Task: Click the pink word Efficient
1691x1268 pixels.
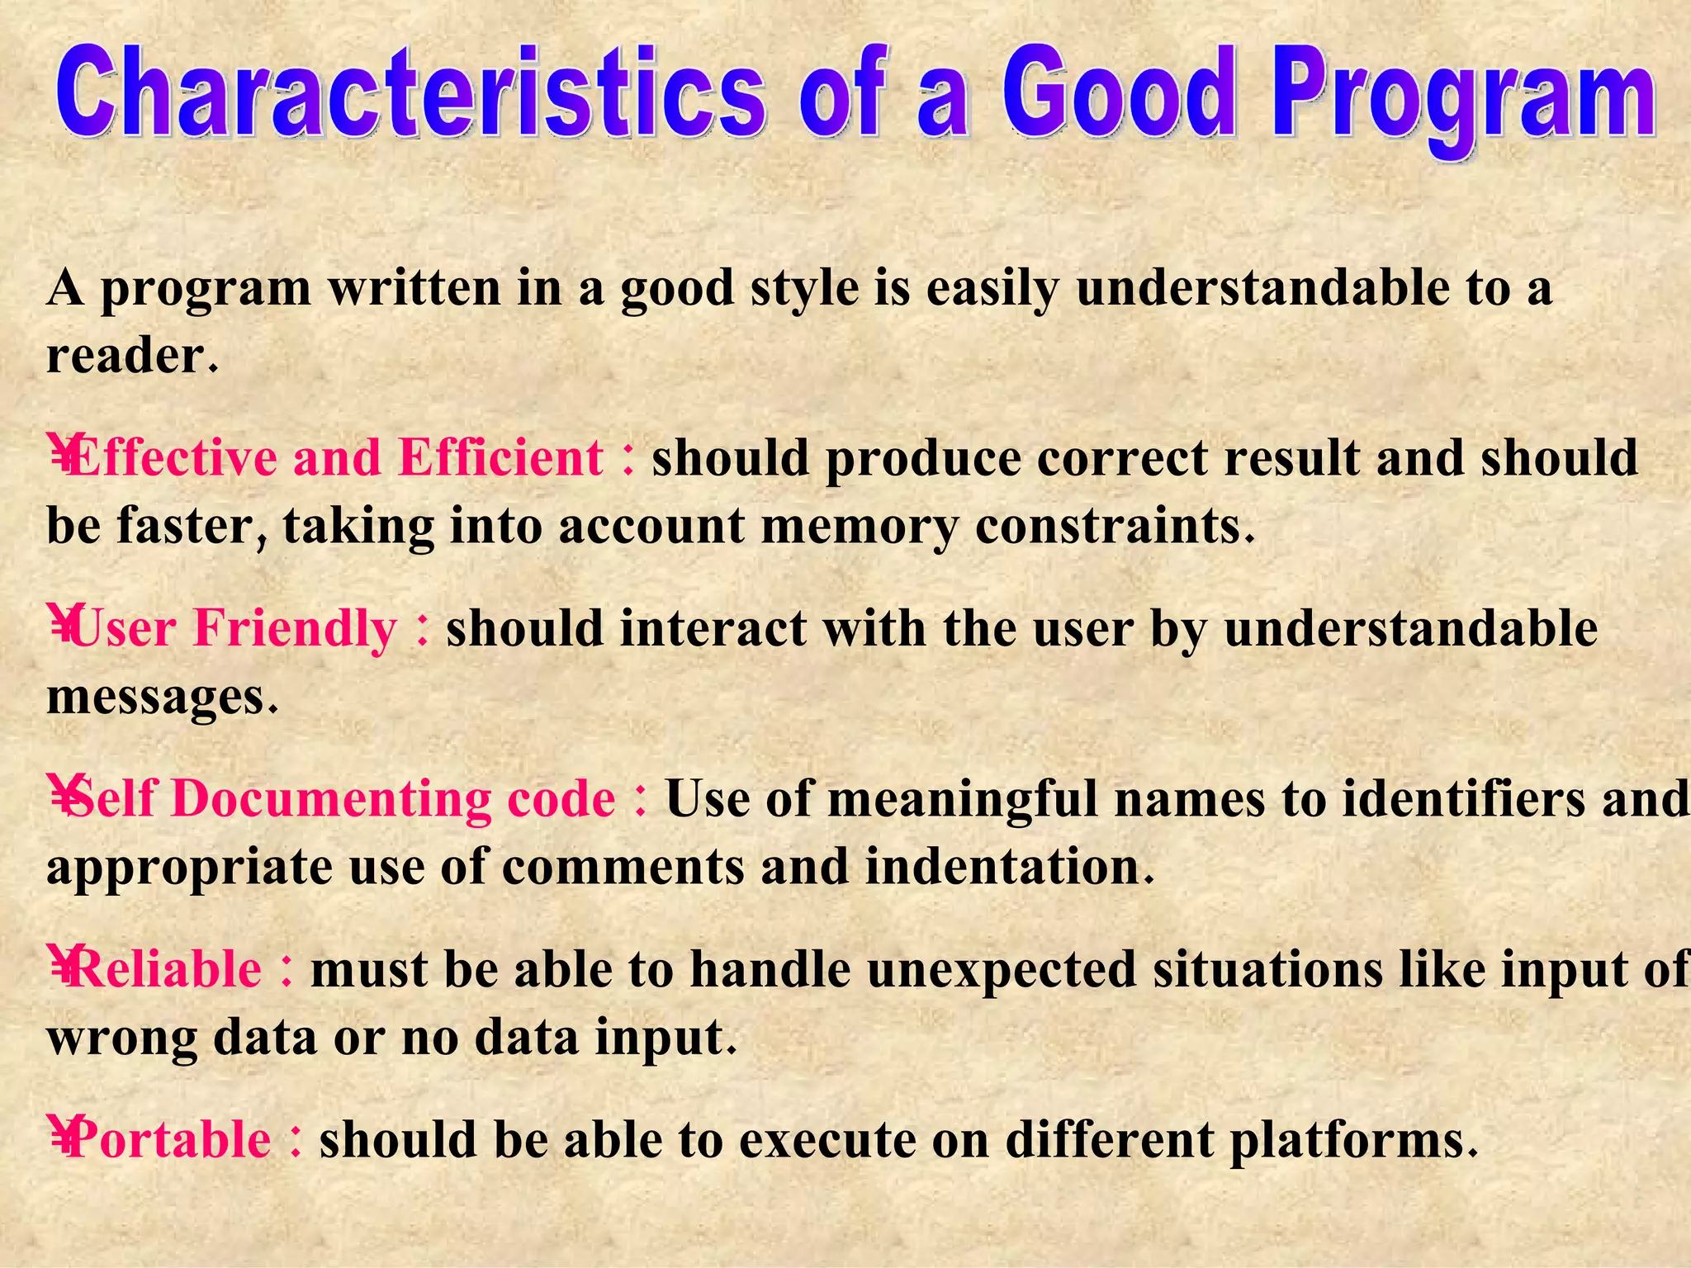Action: (501, 458)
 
